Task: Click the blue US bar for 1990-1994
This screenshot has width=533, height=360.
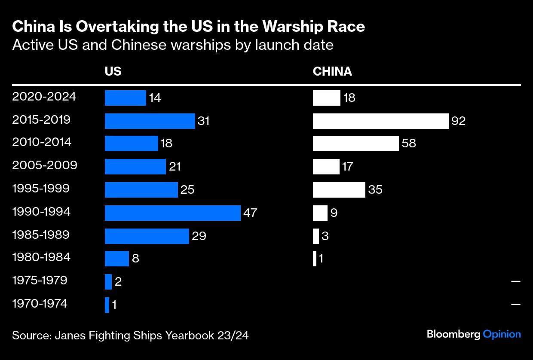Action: [172, 213]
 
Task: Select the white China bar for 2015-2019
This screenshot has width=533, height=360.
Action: [380, 121]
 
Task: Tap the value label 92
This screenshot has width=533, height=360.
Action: [459, 121]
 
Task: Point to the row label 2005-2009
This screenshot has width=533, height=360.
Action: [45, 165]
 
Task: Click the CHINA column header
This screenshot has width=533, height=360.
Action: [332, 71]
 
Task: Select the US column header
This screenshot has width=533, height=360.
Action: [113, 71]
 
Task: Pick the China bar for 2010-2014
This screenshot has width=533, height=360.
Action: [355, 143]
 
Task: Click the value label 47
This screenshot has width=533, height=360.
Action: [250, 213]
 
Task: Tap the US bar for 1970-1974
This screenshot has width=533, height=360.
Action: [107, 305]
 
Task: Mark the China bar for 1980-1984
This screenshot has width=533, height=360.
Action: [315, 259]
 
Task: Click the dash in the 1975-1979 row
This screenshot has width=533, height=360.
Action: [516, 281]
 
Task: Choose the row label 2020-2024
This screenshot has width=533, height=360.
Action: [44, 97]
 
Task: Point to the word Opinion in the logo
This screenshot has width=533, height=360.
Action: [502, 334]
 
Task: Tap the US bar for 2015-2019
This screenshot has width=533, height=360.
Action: [150, 121]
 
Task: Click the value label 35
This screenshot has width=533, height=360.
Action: [375, 190]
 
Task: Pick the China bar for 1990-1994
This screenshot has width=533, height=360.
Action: [320, 213]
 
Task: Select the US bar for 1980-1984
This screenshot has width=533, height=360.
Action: [116, 259]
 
